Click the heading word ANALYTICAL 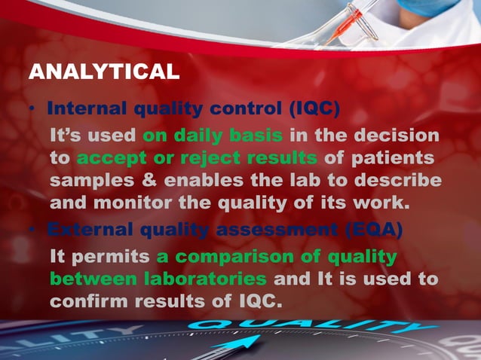[x=103, y=72]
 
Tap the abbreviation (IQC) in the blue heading [x=314, y=108]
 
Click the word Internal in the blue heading [x=89, y=108]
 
